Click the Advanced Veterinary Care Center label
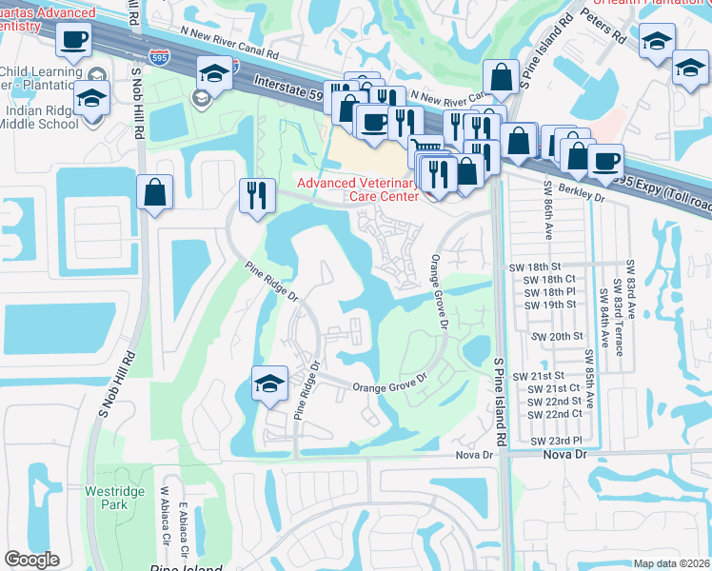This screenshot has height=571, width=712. coord(357,189)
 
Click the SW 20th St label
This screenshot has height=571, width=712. coord(557,337)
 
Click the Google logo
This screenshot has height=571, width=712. coord(31,560)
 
